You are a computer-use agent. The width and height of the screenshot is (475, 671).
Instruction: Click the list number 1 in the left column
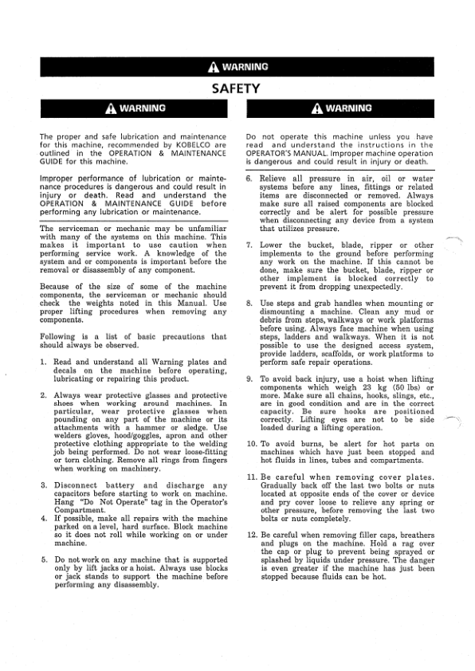[43, 362]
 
